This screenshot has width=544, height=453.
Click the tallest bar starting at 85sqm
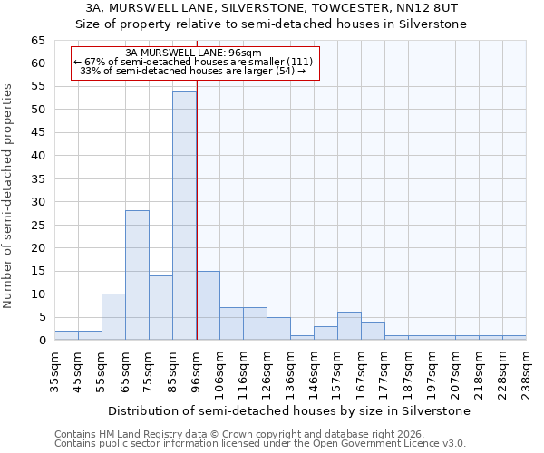pos(184,216)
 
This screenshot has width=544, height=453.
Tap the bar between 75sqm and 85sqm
pos(160,308)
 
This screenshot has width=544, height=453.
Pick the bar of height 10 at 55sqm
pos(113,317)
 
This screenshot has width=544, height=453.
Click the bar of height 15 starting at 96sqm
pos(208,305)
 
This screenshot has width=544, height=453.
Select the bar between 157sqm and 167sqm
pos(349,326)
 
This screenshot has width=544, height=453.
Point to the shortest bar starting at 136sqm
pos(302,338)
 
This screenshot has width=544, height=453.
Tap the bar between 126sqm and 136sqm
pos(278,329)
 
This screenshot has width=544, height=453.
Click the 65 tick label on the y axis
pos(37,41)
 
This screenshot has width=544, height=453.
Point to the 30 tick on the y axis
pos(37,202)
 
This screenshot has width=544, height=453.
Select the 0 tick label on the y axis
pos(42,341)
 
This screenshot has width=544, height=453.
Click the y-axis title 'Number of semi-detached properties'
pos(8,196)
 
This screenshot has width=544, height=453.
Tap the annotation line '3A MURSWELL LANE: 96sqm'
pos(194,53)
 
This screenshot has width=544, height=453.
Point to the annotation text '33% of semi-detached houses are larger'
pos(194,71)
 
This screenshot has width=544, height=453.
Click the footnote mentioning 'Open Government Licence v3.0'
pos(260,443)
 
